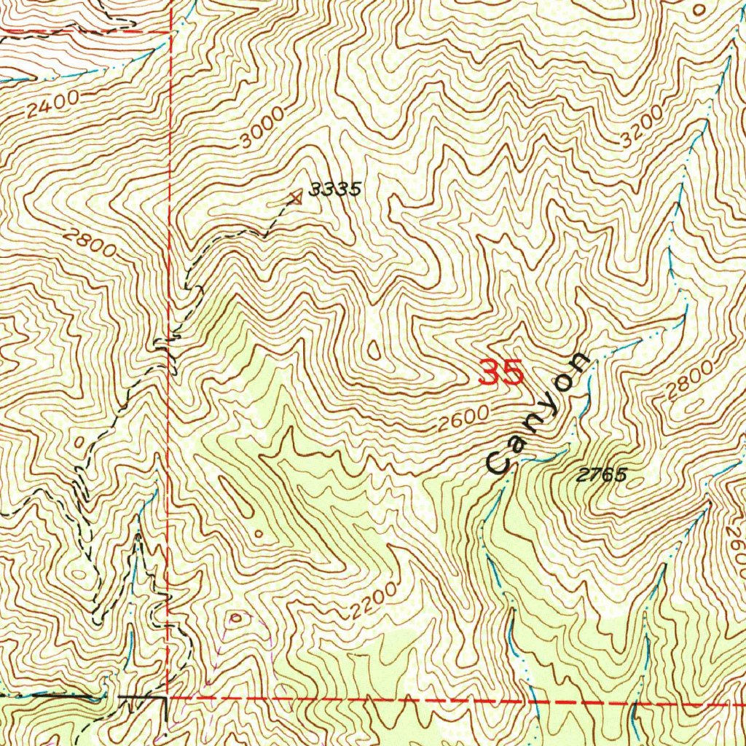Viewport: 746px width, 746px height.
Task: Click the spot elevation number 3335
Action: pyautogui.click(x=334, y=189)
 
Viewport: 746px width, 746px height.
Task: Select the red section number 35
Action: pyautogui.click(x=501, y=373)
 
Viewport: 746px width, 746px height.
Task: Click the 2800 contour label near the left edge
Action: pyautogui.click(x=89, y=243)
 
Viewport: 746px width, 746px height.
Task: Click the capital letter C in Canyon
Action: pyautogui.click(x=499, y=462)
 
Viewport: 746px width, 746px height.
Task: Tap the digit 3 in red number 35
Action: pyautogui.click(x=490, y=373)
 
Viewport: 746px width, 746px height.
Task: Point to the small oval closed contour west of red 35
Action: pyautogui.click(x=374, y=350)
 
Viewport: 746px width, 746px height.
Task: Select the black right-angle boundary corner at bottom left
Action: pyautogui.click(x=167, y=698)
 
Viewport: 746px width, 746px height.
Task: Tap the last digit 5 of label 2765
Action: pyautogui.click(x=621, y=475)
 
